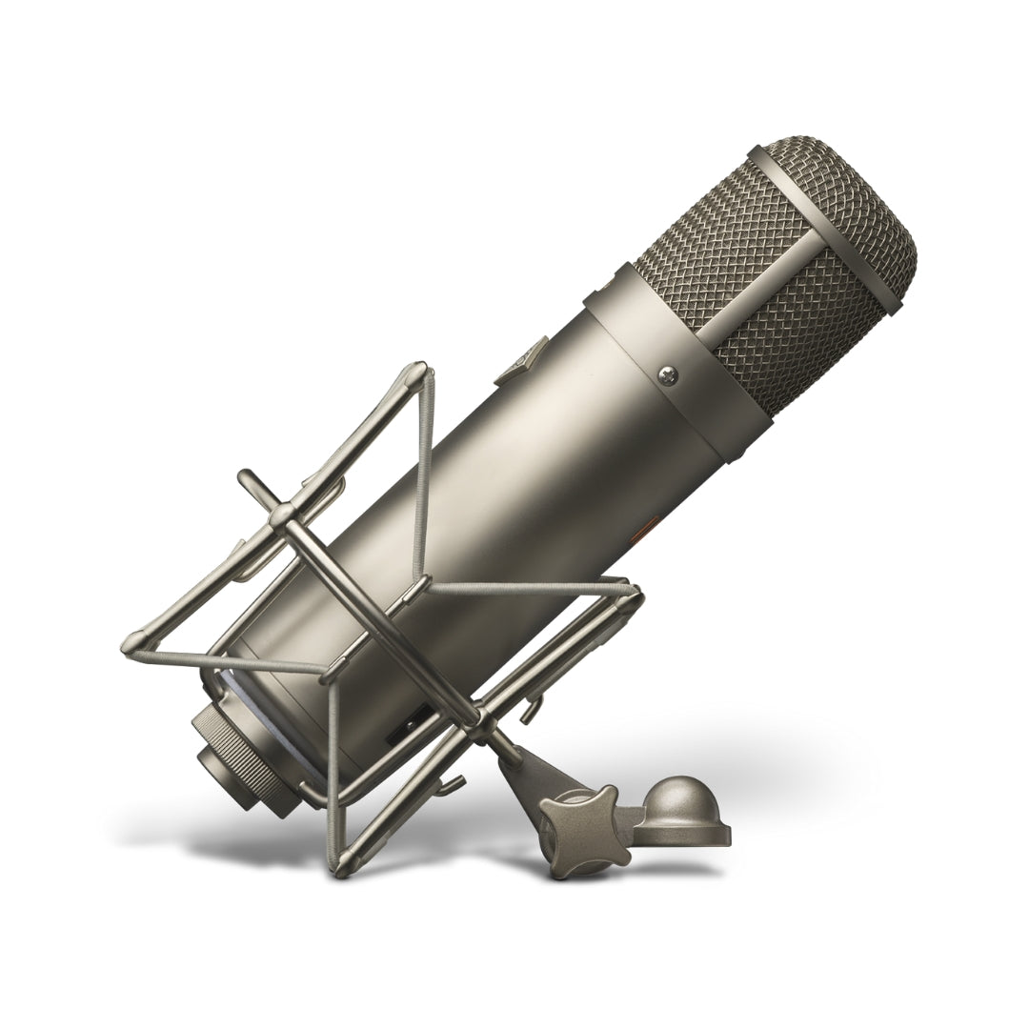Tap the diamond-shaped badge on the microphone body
527,359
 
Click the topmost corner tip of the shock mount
415,370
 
